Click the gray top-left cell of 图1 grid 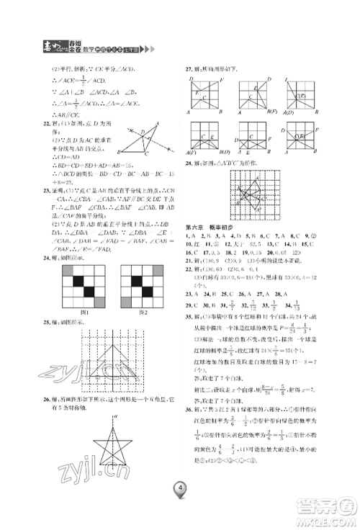pyautogui.click(x=69, y=271)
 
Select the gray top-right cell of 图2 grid pyautogui.click(x=163, y=271)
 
